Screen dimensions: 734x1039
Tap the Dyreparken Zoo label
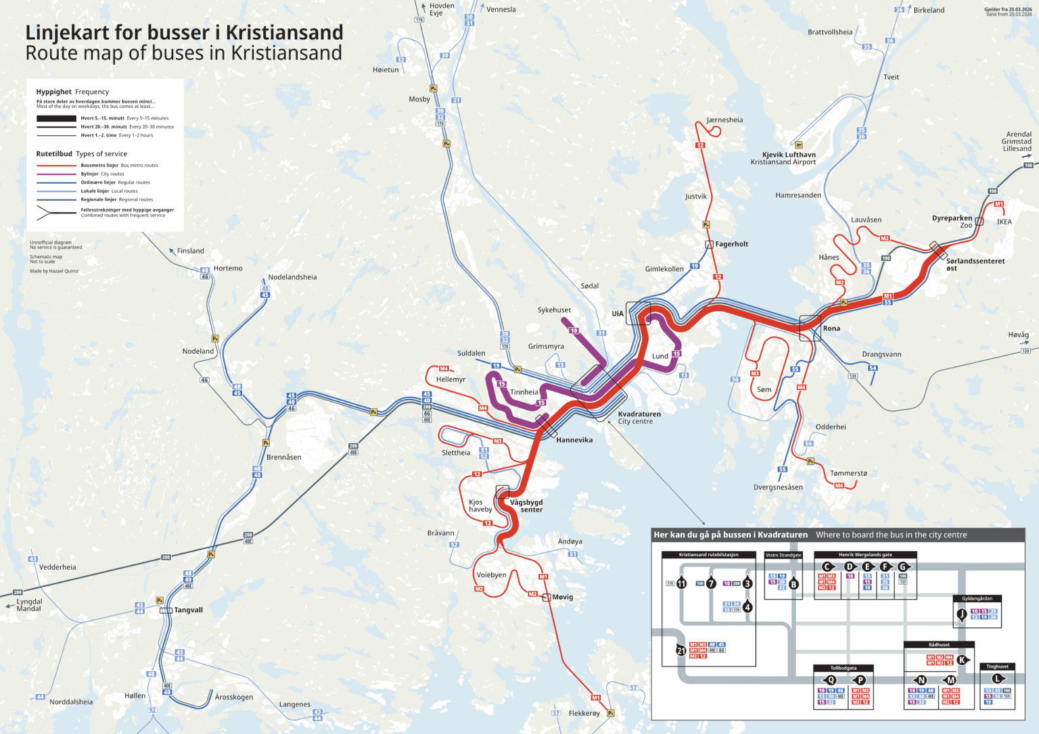pos(952,221)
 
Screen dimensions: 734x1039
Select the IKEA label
pos(1004,222)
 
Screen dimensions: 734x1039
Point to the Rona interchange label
pos(831,328)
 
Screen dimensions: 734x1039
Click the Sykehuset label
pos(554,310)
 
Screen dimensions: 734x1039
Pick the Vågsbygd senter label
pos(526,506)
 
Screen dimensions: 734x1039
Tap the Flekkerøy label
pos(584,713)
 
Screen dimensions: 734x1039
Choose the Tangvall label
pos(188,610)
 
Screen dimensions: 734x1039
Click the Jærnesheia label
pos(724,120)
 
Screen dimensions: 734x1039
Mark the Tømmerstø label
pos(848,473)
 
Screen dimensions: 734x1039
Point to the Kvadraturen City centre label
pos(639,418)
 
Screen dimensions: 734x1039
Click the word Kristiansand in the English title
pos(286,53)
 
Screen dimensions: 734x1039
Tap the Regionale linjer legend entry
pos(116,199)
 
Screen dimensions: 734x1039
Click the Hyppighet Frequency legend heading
pos(72,92)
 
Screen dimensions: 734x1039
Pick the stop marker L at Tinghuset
pos(997,678)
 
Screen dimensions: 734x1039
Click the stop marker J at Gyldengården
pos(961,614)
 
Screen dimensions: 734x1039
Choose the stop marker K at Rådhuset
pos(961,660)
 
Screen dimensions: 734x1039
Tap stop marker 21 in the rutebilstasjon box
pos(681,651)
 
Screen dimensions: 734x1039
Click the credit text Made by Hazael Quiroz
pos(54,271)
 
